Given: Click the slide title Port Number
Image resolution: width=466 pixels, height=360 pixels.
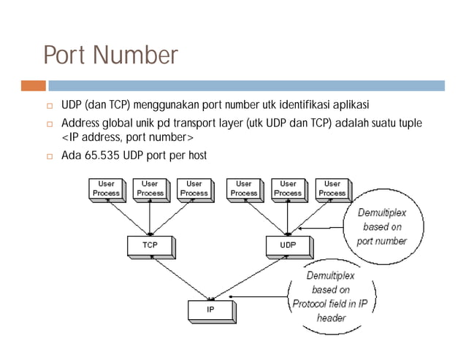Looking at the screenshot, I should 110,55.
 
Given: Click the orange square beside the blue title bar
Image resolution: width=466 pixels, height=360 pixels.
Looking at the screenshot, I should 34,86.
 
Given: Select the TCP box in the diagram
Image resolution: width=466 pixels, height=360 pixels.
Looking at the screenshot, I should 149,245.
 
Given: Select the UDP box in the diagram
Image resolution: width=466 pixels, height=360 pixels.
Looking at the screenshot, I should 288,245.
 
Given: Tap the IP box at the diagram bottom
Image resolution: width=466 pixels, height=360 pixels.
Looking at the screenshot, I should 210,310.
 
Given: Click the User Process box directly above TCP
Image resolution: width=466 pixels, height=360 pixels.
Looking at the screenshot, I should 150,188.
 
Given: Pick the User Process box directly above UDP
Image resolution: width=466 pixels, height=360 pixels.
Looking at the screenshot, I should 288,188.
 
